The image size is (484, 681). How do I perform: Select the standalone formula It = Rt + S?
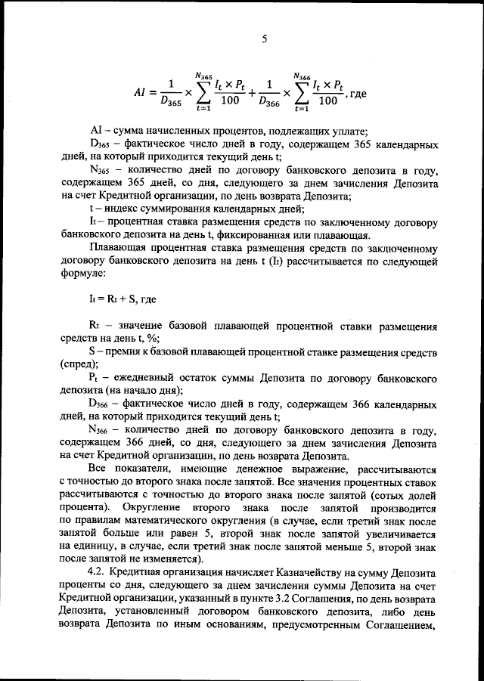(113, 299)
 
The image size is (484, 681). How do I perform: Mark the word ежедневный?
(147, 376)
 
